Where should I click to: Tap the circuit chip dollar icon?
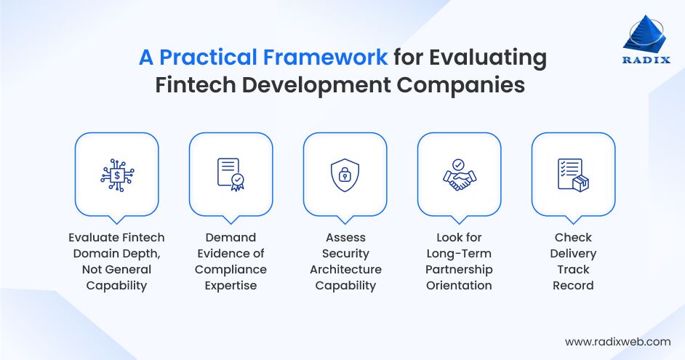point(116,175)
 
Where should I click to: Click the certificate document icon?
point(231,175)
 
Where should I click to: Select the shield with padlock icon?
point(345,175)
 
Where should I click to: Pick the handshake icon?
point(458,175)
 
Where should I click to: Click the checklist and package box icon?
point(572,175)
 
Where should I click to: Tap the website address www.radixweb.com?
point(617,341)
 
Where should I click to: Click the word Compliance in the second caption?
point(231,269)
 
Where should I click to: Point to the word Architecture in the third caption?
point(345,269)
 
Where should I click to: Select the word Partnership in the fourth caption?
point(459,269)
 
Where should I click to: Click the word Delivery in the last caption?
point(573,253)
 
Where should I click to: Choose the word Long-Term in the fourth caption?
point(459,253)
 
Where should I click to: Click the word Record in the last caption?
point(573,285)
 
